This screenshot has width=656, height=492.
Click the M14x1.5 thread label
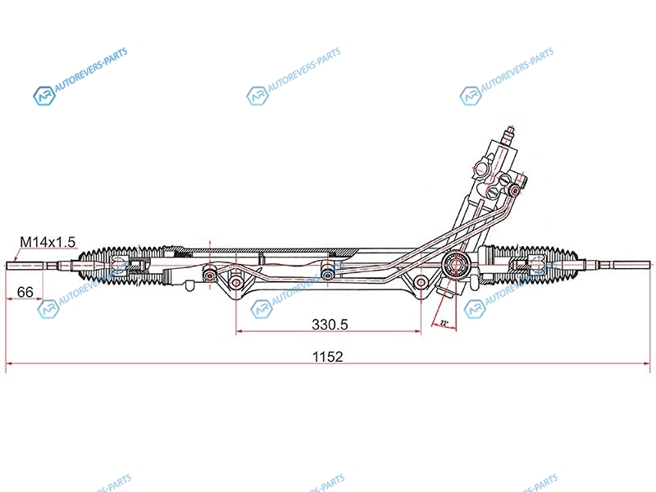(48, 241)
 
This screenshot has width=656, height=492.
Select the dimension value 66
(25, 292)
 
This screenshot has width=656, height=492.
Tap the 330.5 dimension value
(330, 324)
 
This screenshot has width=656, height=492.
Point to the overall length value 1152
(326, 357)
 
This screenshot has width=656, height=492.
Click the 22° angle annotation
(445, 323)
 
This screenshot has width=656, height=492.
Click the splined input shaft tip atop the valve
(510, 131)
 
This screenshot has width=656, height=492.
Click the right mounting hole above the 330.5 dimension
(421, 282)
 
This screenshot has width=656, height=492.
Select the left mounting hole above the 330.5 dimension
(236, 283)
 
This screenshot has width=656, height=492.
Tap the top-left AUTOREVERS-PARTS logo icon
(43, 96)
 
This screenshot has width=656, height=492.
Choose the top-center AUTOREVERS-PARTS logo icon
(257, 95)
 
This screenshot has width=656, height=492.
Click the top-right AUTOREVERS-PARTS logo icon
(470, 95)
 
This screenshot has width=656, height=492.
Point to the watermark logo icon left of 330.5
(261, 309)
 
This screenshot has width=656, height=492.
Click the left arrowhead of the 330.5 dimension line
(239, 332)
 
